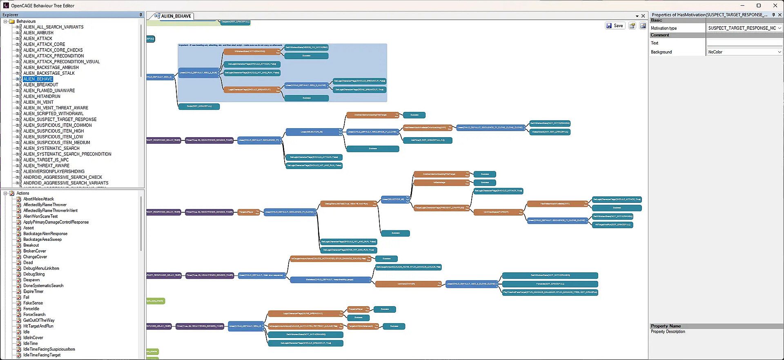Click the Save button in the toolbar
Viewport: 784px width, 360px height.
[x=615, y=26]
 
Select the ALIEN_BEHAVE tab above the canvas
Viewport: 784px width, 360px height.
[x=176, y=16]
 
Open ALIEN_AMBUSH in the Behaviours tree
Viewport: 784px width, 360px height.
[x=38, y=33]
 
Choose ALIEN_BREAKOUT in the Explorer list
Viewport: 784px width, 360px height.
[x=41, y=85]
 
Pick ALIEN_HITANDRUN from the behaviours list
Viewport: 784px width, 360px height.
[x=42, y=96]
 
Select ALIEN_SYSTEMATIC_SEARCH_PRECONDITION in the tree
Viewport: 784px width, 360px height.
[x=67, y=154]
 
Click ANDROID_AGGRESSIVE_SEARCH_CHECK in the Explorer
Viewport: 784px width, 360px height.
[x=63, y=177]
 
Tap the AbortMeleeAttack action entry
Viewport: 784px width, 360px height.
[x=38, y=199]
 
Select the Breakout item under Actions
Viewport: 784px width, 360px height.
[x=31, y=245]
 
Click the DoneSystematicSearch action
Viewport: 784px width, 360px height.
[x=43, y=286]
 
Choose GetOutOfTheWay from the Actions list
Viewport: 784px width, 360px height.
[x=39, y=320]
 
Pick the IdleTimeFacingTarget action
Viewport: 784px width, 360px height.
[x=42, y=355]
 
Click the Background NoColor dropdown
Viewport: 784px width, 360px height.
[x=744, y=52]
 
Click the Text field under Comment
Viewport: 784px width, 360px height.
[x=744, y=43]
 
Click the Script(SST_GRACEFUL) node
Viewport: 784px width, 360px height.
[x=199, y=107]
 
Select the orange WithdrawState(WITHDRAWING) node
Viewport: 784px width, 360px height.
[x=250, y=51]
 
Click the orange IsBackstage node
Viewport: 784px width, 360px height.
[x=439, y=182]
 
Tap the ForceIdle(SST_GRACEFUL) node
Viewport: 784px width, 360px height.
[x=550, y=284]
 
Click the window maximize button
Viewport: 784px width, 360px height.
[x=759, y=6]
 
